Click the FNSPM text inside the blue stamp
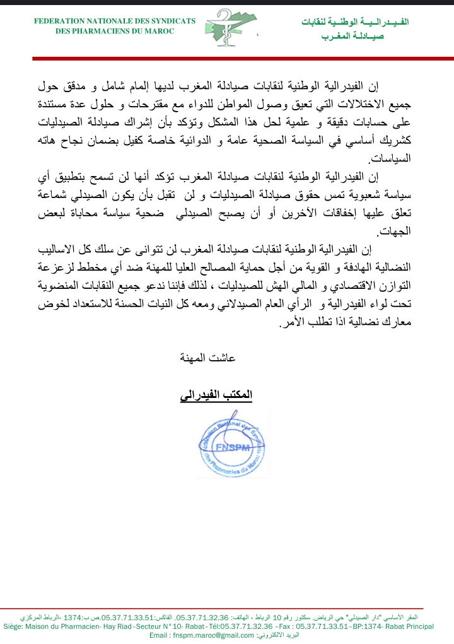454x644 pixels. pyautogui.click(x=233, y=448)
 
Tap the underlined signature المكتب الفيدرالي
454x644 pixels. pyautogui.click(x=216, y=395)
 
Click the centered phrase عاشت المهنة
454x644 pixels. pyautogui.click(x=213, y=358)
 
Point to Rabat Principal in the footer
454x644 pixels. pyautogui.click(x=411, y=626)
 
